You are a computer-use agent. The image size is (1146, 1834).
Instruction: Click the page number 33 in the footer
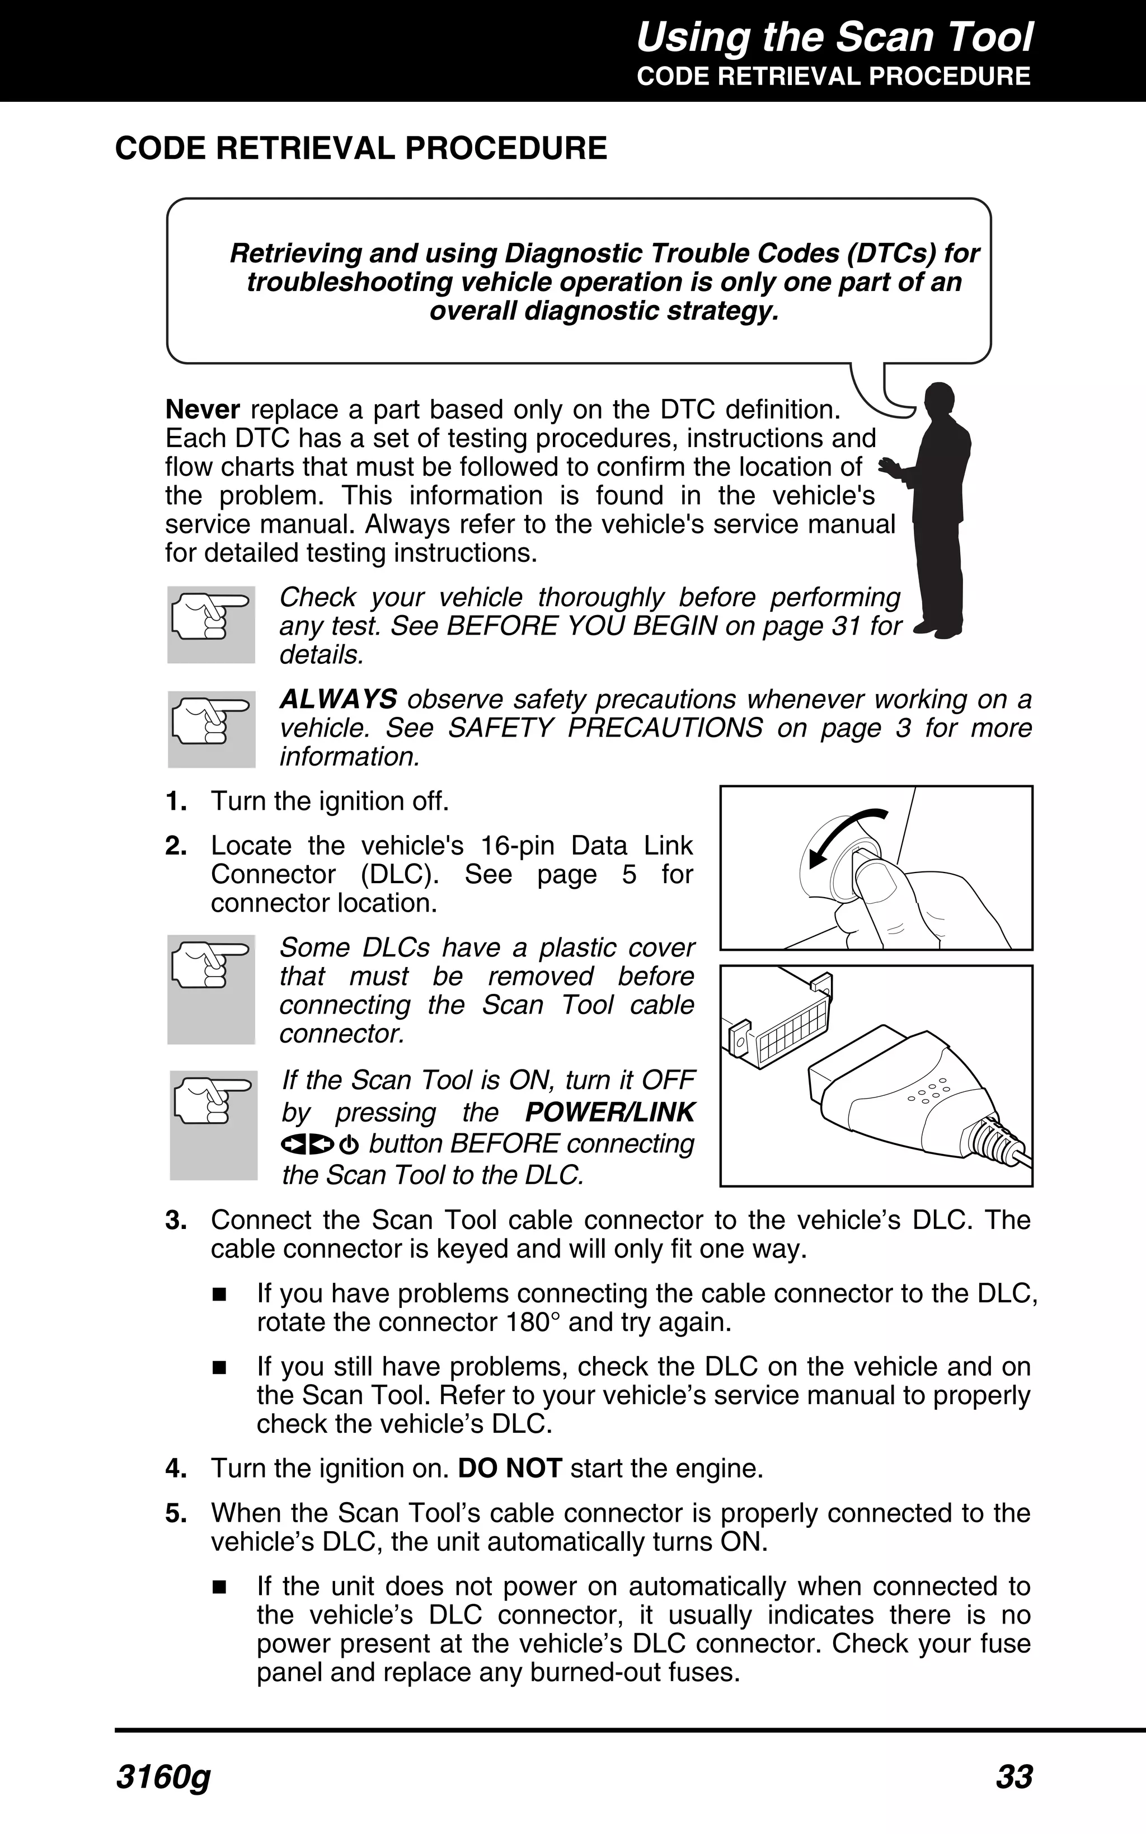[1013, 1777]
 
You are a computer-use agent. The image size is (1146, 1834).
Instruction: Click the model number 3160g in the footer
[163, 1777]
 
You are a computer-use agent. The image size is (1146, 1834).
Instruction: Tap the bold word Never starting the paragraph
[203, 410]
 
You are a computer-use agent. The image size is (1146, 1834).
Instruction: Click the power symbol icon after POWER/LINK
[350, 1145]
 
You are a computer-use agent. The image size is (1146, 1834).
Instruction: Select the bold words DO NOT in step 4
[509, 1469]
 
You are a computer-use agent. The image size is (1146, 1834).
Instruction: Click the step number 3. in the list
[176, 1221]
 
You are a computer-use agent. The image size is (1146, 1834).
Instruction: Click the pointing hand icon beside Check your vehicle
[211, 623]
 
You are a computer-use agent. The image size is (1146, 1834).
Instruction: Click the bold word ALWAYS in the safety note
[338, 699]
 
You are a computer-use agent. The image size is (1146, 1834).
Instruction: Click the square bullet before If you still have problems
[220, 1368]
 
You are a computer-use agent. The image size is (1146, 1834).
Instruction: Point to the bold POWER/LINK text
[609, 1113]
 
